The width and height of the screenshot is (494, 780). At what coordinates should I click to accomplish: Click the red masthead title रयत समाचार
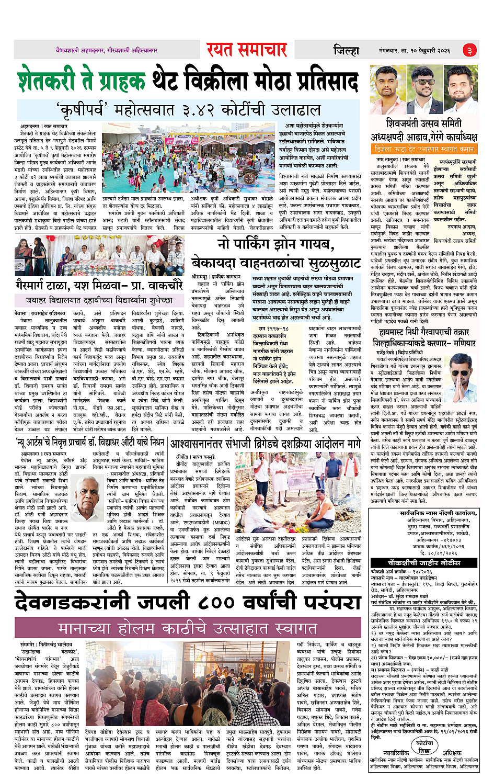pos(247,50)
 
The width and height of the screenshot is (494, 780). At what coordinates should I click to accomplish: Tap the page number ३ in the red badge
pos(469,50)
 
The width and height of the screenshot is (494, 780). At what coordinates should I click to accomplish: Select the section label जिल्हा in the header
pos(347,51)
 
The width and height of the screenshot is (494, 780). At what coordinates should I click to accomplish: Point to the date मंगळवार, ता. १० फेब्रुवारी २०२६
pos(415,51)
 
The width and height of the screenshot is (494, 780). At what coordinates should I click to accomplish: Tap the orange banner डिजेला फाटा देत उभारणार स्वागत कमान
pos(424,149)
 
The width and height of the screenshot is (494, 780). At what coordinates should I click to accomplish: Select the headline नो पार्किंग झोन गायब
pos(276,244)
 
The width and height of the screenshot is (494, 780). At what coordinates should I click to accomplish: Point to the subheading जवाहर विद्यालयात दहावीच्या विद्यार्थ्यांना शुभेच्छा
pos(99,300)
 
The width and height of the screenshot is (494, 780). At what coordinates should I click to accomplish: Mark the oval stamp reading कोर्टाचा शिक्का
pos(424,746)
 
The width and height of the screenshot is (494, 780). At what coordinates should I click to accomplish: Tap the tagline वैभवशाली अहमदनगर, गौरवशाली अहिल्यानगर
pos(107,50)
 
